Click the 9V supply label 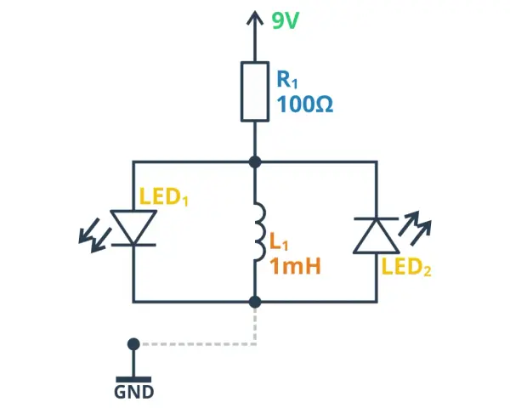[x=286, y=21]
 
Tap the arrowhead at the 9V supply [x=255, y=17]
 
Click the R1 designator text [x=287, y=79]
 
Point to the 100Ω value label [x=305, y=104]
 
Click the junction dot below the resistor [x=255, y=161]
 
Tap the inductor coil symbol [x=259, y=231]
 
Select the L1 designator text [x=279, y=242]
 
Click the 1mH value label [x=295, y=266]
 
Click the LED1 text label [x=163, y=196]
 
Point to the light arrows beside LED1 [x=94, y=235]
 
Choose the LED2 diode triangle [x=377, y=235]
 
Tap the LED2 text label [x=406, y=267]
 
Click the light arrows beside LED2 [x=415, y=228]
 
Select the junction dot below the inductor [x=255, y=302]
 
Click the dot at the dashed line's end [x=133, y=344]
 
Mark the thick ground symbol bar [x=133, y=379]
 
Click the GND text [x=133, y=392]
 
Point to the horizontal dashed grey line [x=198, y=344]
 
